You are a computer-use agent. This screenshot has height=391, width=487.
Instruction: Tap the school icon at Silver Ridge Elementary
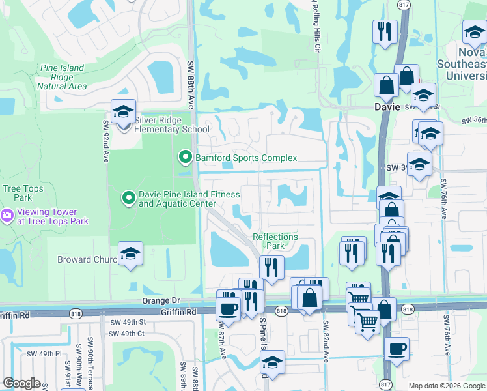tap(122, 112)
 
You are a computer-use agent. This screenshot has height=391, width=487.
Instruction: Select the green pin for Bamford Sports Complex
tap(185, 157)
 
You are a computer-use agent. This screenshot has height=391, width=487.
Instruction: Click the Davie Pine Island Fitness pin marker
tap(129, 196)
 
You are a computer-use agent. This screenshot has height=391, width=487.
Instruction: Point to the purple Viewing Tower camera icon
tap(7, 214)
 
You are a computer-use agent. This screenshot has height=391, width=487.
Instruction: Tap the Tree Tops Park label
tap(17, 193)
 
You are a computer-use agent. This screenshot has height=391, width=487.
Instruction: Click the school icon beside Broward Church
tap(130, 254)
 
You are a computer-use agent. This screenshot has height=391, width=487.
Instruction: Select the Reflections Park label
tap(275, 242)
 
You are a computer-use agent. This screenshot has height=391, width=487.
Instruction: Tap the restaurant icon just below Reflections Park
tap(271, 267)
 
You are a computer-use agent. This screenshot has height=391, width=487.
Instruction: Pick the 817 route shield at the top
tap(404, 4)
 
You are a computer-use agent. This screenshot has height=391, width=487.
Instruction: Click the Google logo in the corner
tap(21, 383)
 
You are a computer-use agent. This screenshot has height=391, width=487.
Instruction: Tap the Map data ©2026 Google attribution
tap(447, 386)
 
